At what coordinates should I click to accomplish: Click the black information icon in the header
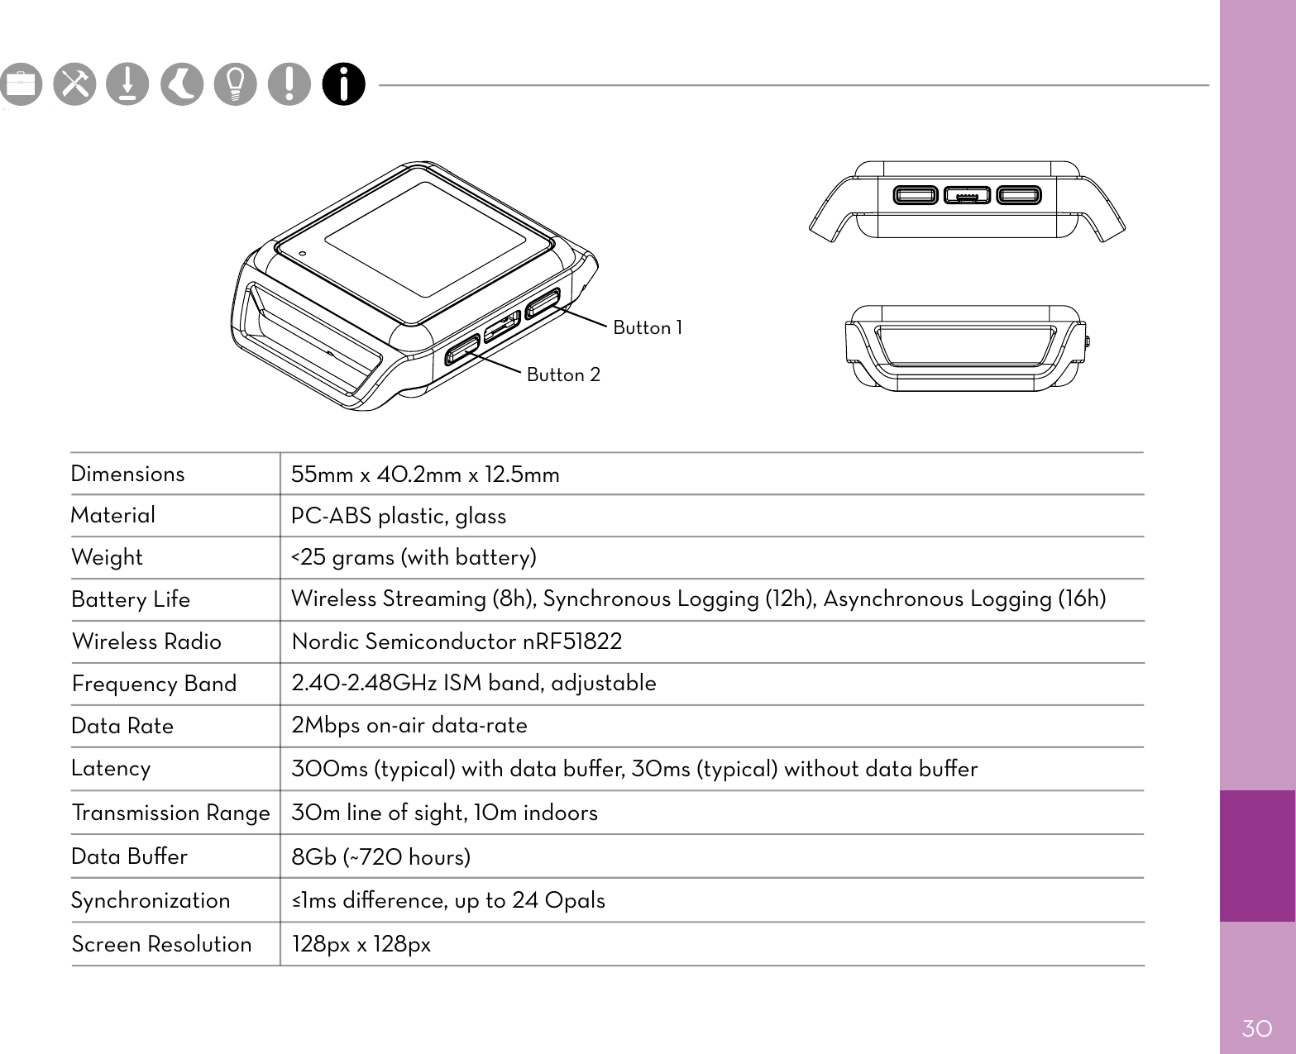pyautogui.click(x=344, y=84)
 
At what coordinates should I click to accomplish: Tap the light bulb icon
pyautogui.click(x=236, y=84)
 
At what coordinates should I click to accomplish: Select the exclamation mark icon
pyautogui.click(x=289, y=84)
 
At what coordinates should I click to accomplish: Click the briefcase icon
pyautogui.click(x=21, y=84)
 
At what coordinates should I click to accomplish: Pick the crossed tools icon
pyautogui.click(x=74, y=84)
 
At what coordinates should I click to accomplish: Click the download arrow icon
pyautogui.click(x=128, y=84)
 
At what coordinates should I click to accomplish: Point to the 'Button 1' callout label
pyautogui.click(x=648, y=328)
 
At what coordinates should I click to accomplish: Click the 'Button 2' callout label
pyautogui.click(x=563, y=375)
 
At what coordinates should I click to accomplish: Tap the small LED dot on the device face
pyautogui.click(x=303, y=254)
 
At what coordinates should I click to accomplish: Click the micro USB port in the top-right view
pyautogui.click(x=967, y=196)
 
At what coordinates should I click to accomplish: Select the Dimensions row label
pyautogui.click(x=127, y=474)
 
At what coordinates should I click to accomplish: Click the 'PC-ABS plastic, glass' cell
pyautogui.click(x=398, y=516)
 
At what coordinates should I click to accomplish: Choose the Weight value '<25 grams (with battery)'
pyautogui.click(x=414, y=557)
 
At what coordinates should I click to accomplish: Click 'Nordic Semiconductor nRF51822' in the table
pyautogui.click(x=457, y=641)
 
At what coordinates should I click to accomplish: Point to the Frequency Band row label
pyautogui.click(x=154, y=684)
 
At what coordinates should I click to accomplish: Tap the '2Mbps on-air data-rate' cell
pyautogui.click(x=409, y=725)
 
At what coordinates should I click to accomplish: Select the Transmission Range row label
pyautogui.click(x=170, y=813)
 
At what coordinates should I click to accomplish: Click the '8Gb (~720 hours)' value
pyautogui.click(x=380, y=856)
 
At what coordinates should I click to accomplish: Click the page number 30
pyautogui.click(x=1256, y=1028)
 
